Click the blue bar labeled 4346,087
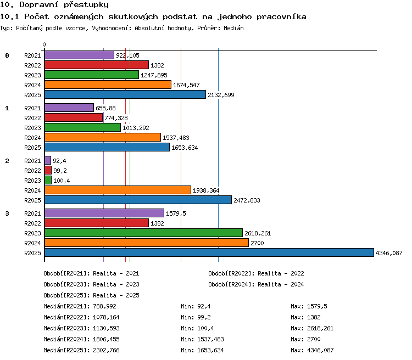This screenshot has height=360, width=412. click(209, 252)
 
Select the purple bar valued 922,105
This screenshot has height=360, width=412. click(79, 55)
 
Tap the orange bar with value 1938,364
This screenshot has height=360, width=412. click(118, 190)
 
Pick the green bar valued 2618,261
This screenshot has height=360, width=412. click(143, 233)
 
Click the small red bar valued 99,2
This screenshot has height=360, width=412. click(48, 171)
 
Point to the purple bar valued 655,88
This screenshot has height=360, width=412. click(69, 108)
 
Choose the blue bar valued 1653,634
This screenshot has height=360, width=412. click(107, 147)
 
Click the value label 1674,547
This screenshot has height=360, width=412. click(186, 85)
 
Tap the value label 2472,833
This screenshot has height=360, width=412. click(247, 200)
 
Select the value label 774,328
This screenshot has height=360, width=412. click(116, 118)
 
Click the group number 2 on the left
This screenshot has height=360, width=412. click(7, 161)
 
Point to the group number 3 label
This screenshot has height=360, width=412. click(7, 213)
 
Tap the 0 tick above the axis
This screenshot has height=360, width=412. click(44, 44)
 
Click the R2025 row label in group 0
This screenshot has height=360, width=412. click(32, 95)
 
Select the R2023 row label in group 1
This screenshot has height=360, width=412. click(32, 128)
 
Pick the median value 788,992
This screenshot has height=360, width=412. click(104, 306)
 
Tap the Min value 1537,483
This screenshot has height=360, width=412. click(210, 339)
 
